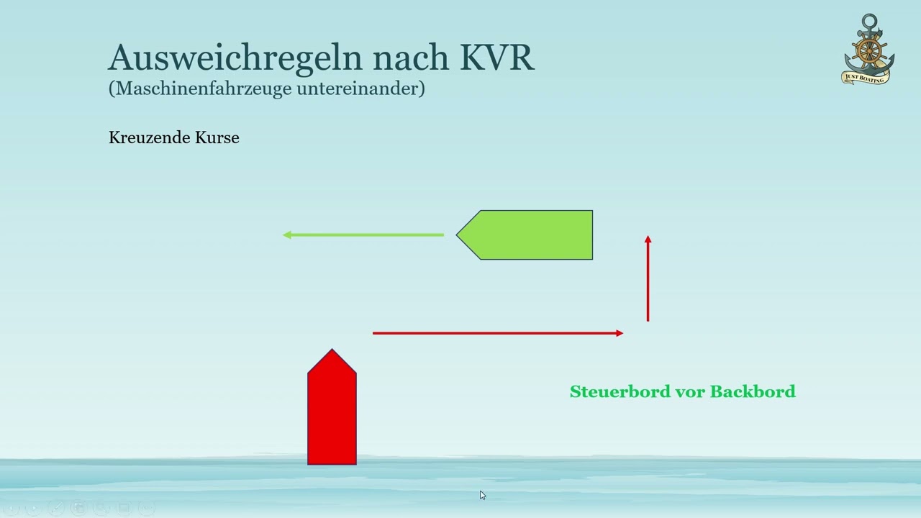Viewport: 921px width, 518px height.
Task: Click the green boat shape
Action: [532, 235]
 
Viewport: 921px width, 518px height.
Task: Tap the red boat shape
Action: [332, 417]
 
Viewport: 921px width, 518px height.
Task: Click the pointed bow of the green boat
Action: [461, 235]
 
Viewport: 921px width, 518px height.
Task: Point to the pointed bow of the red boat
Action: [332, 354]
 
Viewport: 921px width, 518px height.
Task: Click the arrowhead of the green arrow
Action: [286, 235]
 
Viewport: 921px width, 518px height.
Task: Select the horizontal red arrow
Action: [496, 333]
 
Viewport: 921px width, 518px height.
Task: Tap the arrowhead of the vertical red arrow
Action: [648, 240]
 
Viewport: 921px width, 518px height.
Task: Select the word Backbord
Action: [753, 391]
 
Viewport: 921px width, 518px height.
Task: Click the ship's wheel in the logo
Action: [869, 50]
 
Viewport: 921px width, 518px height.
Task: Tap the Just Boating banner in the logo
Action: [867, 77]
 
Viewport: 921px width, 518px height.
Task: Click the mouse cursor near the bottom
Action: [482, 495]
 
